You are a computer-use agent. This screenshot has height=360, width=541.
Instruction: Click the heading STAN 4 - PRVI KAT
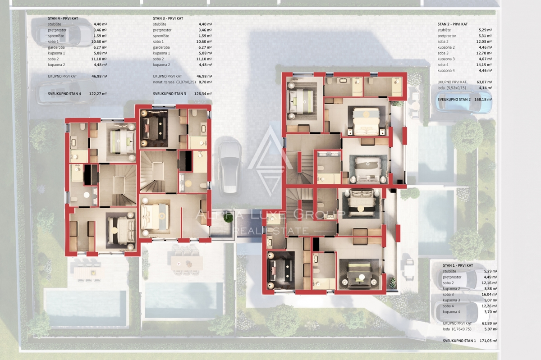[63, 18]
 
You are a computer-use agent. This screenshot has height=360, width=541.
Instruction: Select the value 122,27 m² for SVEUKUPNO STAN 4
[98, 94]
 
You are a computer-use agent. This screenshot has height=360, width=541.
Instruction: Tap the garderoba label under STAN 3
[161, 47]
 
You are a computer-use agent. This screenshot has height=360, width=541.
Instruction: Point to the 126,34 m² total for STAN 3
[203, 94]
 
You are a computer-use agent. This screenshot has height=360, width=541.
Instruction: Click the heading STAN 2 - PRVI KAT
[453, 24]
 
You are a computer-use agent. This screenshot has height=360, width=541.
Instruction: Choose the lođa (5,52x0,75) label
[452, 88]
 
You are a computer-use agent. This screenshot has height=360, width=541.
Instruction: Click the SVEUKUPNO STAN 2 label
[454, 100]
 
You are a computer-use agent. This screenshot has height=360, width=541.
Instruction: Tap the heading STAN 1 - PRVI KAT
[458, 265]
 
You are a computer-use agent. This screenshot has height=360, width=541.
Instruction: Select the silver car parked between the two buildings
[230, 167]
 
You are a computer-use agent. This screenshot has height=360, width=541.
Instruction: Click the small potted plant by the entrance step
[228, 218]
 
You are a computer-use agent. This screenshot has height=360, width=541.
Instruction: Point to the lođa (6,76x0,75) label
[457, 329]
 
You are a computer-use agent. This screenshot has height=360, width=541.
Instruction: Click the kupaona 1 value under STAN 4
[100, 53]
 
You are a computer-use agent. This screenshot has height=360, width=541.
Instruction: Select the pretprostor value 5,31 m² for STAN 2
[485, 36]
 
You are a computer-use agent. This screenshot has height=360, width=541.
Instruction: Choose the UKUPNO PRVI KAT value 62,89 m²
[491, 324]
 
